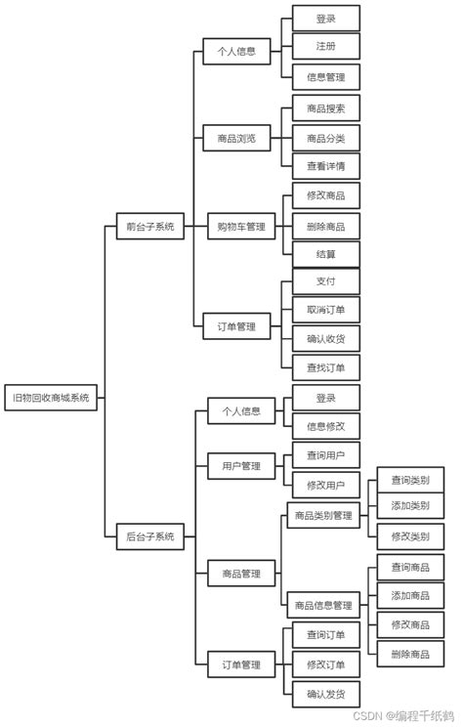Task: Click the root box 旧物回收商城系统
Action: coord(51,398)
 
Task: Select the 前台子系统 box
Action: coord(150,227)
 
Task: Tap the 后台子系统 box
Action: coord(150,536)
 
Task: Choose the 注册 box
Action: coord(326,46)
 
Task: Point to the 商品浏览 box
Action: coord(236,138)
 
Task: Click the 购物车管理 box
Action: coord(241,227)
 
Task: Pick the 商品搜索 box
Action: coord(326,108)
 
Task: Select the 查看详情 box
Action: coord(326,165)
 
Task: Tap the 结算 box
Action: coord(326,254)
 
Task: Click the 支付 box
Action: coord(326,281)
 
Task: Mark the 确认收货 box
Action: coord(326,338)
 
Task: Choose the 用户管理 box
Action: coord(241,465)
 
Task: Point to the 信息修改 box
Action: coord(326,426)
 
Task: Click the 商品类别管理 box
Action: coord(323,515)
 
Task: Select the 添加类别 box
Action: coord(410,505)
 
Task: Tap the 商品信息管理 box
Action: coord(323,605)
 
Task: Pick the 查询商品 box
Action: coord(410,567)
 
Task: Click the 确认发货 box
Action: coord(326,694)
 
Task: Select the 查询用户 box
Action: coord(326,454)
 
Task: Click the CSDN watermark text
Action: coord(368,715)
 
